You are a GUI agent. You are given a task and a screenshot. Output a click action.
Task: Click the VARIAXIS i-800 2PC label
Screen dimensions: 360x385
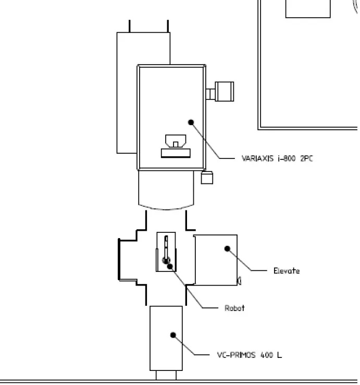click(277, 158)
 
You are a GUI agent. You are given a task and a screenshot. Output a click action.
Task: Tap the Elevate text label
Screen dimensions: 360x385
click(287, 271)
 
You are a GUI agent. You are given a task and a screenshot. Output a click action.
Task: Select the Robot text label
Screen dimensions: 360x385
click(234, 308)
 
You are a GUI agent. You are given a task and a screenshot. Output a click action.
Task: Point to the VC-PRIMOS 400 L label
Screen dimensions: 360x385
click(250, 355)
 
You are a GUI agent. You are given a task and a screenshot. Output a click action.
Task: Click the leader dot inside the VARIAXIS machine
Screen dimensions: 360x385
click(191, 122)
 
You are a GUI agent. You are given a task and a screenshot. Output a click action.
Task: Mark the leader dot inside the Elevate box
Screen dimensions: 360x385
click(227, 249)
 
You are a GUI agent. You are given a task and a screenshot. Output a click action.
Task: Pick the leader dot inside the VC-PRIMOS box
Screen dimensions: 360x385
click(173, 335)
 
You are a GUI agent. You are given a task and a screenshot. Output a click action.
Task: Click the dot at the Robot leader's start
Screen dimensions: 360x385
click(170, 266)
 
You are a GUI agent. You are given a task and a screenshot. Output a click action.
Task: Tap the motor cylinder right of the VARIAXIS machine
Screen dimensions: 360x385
click(224, 92)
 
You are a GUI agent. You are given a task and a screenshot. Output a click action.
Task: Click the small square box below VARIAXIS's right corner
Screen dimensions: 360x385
click(207, 178)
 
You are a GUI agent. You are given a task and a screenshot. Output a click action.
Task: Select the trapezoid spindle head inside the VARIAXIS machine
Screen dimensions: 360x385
click(176, 141)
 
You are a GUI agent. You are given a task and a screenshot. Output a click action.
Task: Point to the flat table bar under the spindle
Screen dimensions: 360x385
click(176, 153)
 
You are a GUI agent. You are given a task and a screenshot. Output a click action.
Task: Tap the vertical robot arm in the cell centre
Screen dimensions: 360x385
click(166, 248)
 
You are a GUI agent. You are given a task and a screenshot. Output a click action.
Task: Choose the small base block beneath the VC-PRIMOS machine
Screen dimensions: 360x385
click(166, 375)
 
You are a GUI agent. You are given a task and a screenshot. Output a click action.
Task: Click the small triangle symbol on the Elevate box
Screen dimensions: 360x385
click(239, 281)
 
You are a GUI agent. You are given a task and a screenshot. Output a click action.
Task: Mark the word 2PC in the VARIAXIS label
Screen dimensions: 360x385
click(307, 158)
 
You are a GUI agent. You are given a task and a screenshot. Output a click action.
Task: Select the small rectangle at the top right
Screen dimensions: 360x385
click(308, 9)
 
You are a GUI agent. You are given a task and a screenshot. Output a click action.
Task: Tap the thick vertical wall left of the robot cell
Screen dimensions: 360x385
click(119, 259)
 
